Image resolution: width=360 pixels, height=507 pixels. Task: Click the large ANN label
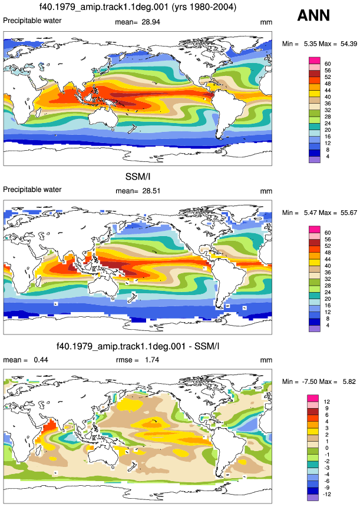313,15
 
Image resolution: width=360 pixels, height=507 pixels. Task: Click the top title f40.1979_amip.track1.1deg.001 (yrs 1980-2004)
138,7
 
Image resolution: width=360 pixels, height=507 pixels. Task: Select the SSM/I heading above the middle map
138,177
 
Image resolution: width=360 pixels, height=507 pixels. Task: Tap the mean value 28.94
151,22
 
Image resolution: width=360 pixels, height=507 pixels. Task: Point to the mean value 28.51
151,191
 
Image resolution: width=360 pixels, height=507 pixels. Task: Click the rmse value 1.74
151,360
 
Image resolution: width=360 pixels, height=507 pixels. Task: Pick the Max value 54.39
349,44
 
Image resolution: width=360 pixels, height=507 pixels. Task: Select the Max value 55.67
349,213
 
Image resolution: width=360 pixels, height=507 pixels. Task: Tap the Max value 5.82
349,382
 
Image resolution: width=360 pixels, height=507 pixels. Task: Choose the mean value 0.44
41,360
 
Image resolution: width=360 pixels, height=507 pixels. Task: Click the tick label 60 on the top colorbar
328,64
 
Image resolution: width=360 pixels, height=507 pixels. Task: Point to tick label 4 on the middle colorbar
328,326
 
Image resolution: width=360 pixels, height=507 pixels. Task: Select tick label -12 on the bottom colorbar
327,495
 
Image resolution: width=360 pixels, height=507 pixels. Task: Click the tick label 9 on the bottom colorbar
326,409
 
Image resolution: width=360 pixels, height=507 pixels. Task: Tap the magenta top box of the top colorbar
315,61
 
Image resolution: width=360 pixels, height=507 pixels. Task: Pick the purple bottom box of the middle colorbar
315,329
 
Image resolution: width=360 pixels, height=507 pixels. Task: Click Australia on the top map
104,117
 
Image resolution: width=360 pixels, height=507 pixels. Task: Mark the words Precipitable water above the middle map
32,190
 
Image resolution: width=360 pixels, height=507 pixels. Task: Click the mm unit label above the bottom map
266,360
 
